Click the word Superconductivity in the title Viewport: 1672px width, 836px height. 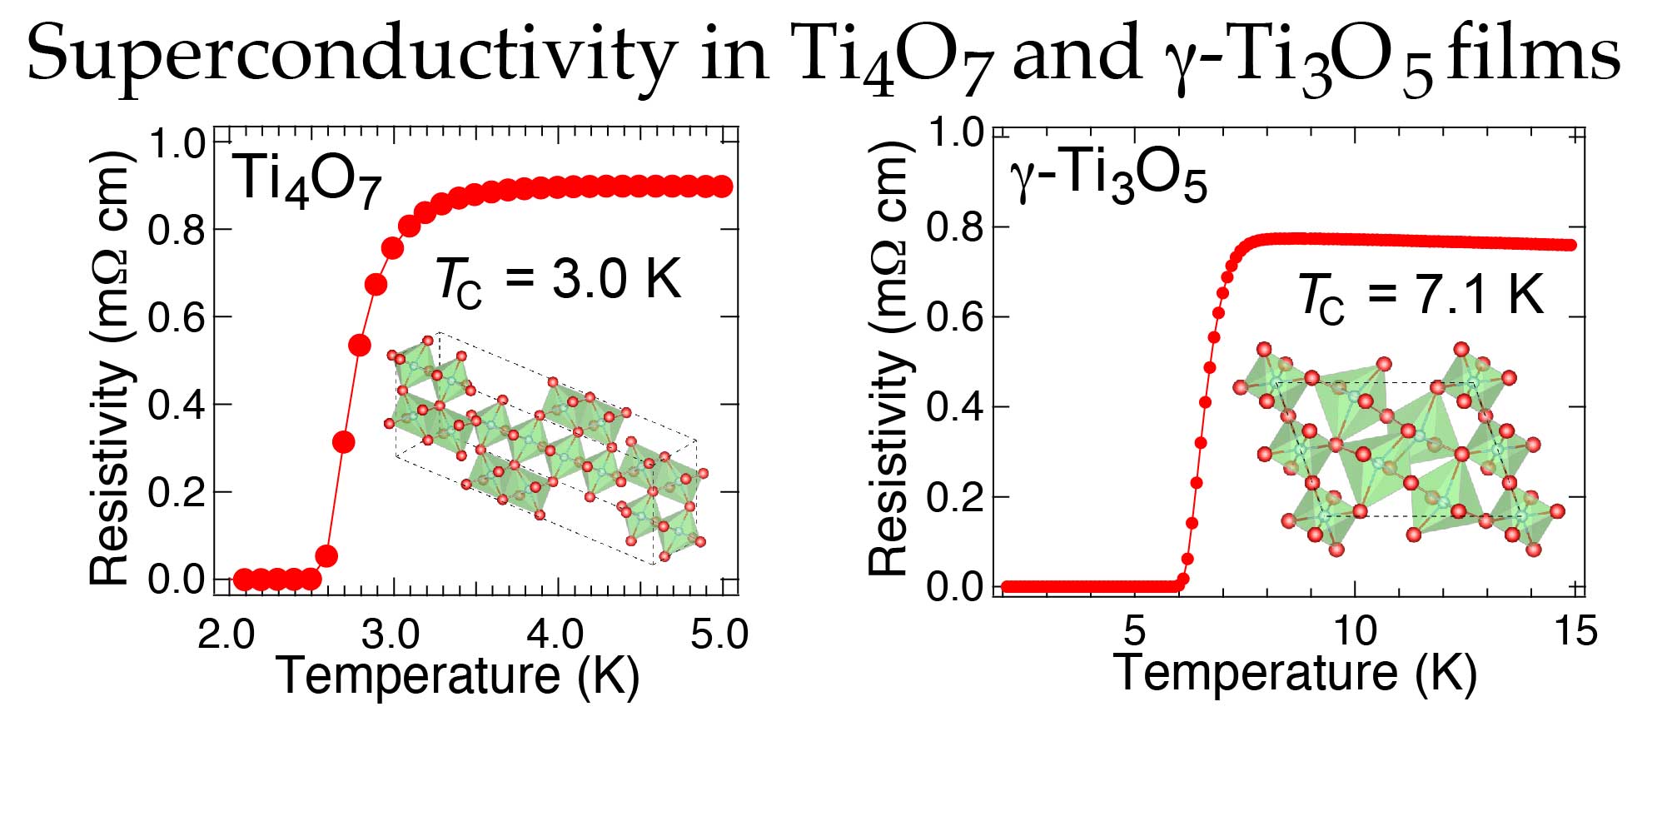[x=351, y=53]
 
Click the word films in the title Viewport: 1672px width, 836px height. [x=1533, y=53]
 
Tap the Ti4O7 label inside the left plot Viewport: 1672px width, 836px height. [x=309, y=180]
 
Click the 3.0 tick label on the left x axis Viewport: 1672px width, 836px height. [x=391, y=634]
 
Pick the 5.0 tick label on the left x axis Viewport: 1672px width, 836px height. [x=719, y=634]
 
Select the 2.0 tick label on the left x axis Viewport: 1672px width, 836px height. [x=226, y=634]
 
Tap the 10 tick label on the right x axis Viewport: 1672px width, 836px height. [x=1355, y=630]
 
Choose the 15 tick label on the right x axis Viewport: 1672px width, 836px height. [x=1575, y=630]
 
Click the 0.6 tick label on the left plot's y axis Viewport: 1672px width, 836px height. [x=177, y=317]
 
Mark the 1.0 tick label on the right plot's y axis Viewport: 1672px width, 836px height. [x=955, y=132]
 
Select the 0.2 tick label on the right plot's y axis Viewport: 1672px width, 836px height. [x=955, y=497]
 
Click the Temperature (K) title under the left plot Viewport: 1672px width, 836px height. [x=457, y=675]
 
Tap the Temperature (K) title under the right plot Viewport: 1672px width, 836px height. [x=1295, y=672]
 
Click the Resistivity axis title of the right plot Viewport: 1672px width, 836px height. [x=888, y=358]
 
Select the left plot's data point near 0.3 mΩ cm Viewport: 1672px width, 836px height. [x=343, y=442]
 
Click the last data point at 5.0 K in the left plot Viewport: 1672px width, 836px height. [x=723, y=187]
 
